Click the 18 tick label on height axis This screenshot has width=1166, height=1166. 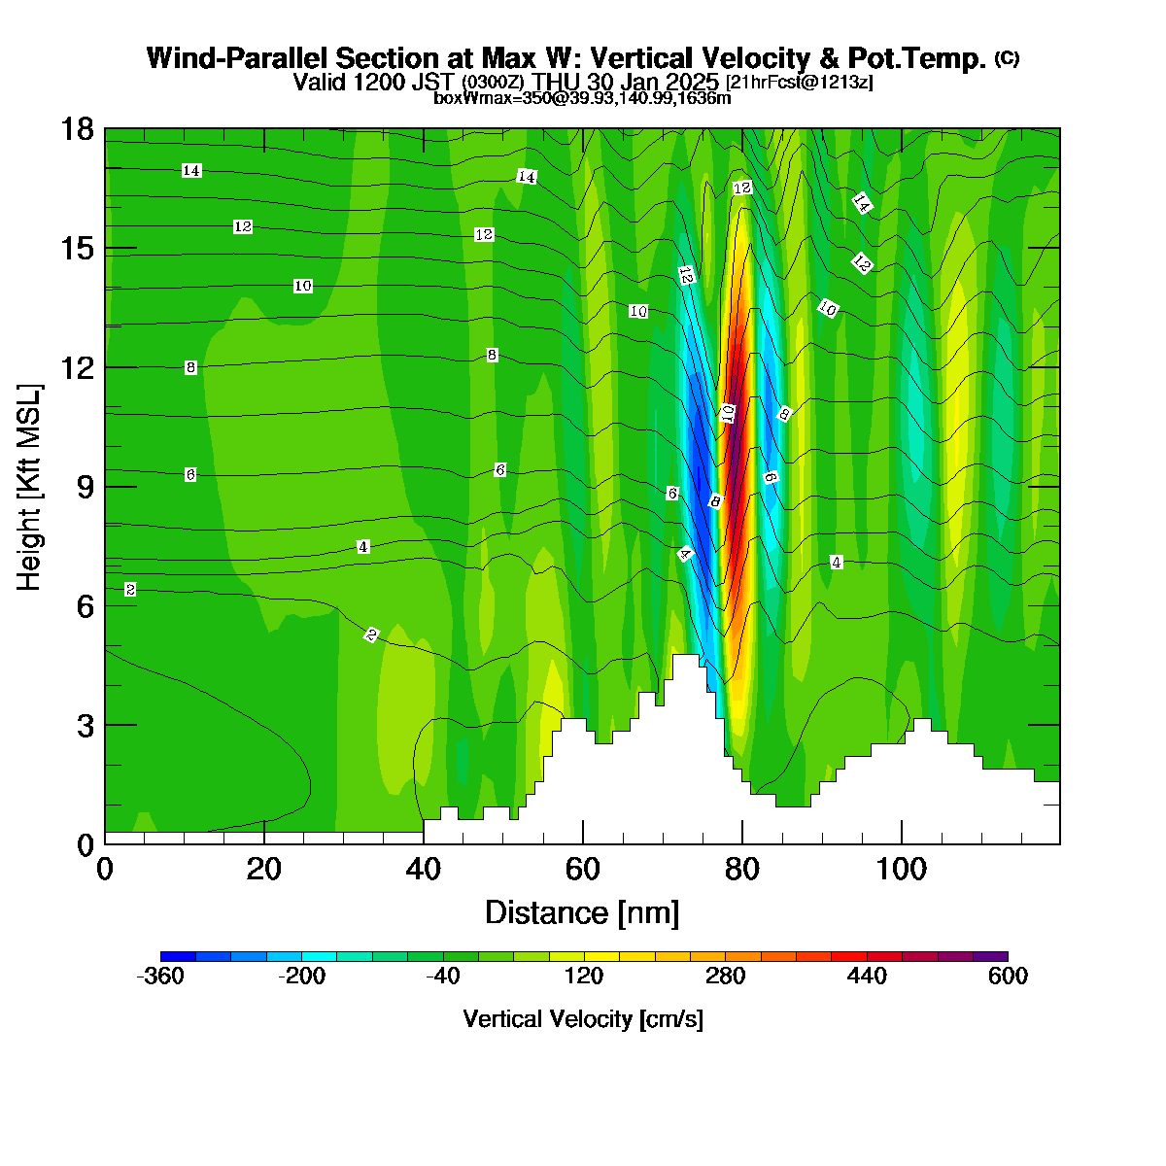(x=78, y=129)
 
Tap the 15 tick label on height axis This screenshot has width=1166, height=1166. (x=78, y=248)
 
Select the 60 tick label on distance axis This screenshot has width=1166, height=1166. (x=583, y=869)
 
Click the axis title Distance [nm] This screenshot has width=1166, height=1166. (x=582, y=912)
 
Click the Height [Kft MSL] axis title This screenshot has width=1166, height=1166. (x=28, y=487)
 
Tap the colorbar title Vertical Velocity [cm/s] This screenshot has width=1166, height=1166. (x=583, y=1019)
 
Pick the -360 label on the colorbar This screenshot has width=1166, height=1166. (x=160, y=976)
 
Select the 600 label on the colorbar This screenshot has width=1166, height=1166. (x=1008, y=976)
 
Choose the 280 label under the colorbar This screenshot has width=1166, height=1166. (x=725, y=976)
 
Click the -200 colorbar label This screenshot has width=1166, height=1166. (x=301, y=976)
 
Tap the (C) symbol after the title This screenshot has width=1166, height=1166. (x=1007, y=58)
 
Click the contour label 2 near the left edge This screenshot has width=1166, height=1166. (x=130, y=589)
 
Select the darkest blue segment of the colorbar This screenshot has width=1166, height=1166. (x=178, y=956)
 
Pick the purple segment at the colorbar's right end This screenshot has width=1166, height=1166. (x=990, y=956)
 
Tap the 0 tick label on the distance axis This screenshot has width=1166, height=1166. (x=105, y=869)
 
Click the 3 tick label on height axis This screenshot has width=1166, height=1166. (x=86, y=725)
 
